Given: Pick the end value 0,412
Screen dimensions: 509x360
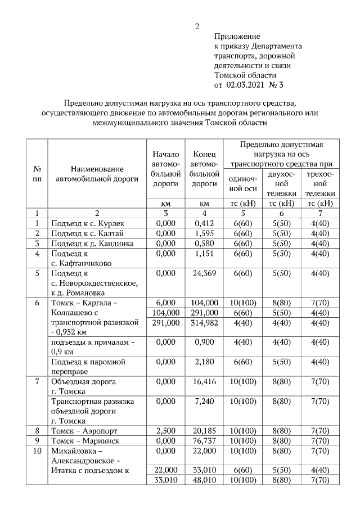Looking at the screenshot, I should [x=204, y=224].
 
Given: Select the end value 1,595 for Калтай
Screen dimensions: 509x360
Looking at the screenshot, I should [x=204, y=233].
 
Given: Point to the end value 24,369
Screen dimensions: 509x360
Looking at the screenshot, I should [x=204, y=273].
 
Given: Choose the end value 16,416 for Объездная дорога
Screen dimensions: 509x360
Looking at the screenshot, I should [x=204, y=381].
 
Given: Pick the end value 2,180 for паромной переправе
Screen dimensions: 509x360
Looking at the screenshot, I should [x=204, y=362].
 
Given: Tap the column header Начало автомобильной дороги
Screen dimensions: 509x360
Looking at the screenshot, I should [x=165, y=168].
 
